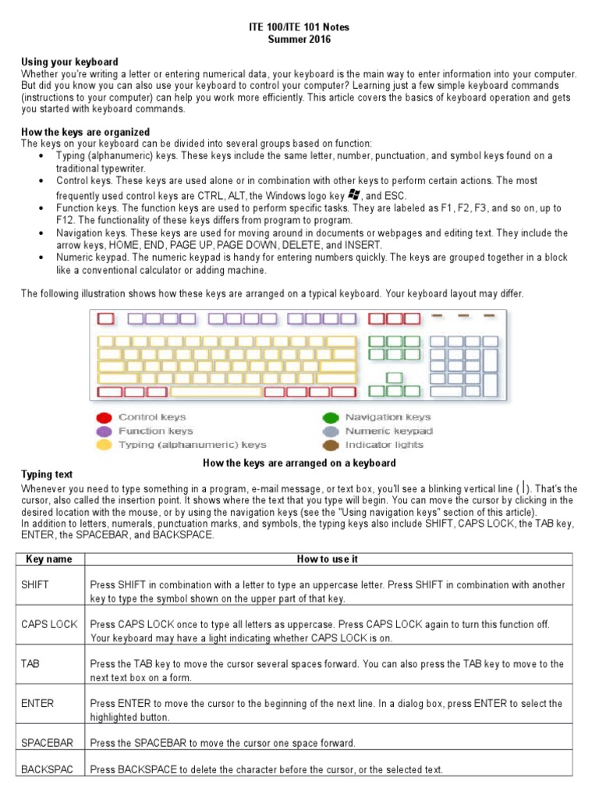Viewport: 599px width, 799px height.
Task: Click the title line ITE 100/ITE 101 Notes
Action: click(x=299, y=27)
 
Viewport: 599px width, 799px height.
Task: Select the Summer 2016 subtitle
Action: click(x=299, y=39)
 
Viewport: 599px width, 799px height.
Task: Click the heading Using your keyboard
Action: click(x=69, y=62)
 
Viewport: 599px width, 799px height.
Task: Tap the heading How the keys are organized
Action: click(x=85, y=132)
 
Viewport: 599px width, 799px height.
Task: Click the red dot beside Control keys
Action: click(x=104, y=417)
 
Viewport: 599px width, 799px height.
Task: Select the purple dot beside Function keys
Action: click(x=104, y=431)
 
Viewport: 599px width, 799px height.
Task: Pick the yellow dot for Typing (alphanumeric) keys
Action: click(x=104, y=446)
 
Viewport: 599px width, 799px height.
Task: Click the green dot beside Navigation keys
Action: click(x=331, y=417)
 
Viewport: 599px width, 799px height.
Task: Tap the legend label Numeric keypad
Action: click(x=388, y=431)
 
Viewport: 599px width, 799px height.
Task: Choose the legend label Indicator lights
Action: click(x=384, y=446)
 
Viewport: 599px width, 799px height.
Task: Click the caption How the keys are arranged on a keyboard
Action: click(x=299, y=463)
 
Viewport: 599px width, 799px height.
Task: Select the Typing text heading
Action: click(x=47, y=474)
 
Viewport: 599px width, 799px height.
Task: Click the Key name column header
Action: click(x=49, y=559)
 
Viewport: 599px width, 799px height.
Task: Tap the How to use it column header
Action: click(x=328, y=559)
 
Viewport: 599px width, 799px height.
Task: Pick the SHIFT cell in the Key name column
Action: click(x=36, y=585)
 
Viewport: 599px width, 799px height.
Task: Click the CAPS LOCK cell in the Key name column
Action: click(x=49, y=624)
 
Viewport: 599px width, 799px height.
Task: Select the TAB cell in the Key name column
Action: click(x=30, y=664)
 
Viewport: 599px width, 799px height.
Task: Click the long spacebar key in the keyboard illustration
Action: click(x=216, y=392)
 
